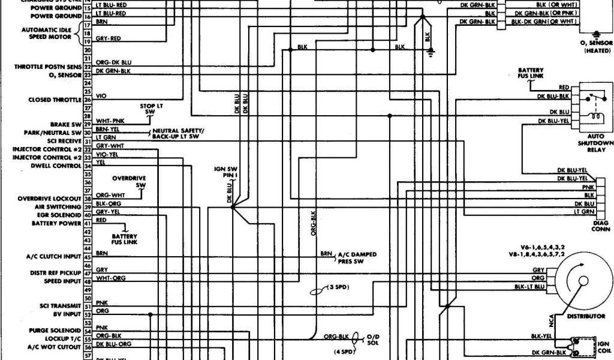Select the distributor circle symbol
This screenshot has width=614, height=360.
click(x=581, y=280)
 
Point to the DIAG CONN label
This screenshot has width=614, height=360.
click(x=600, y=225)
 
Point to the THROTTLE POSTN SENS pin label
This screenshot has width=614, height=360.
click(x=47, y=67)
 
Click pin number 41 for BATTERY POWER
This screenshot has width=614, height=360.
click(x=87, y=223)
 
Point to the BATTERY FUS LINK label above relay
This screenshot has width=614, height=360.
click(x=531, y=73)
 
